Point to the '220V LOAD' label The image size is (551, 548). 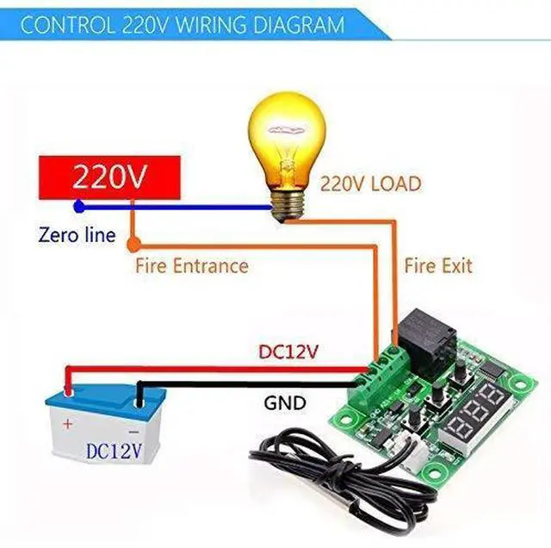point(371,184)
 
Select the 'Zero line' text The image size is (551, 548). point(77,234)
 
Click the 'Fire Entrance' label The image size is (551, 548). point(191,266)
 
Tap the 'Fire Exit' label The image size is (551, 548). point(437,265)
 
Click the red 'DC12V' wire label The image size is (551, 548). point(288,352)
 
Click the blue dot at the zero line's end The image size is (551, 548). point(79,207)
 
